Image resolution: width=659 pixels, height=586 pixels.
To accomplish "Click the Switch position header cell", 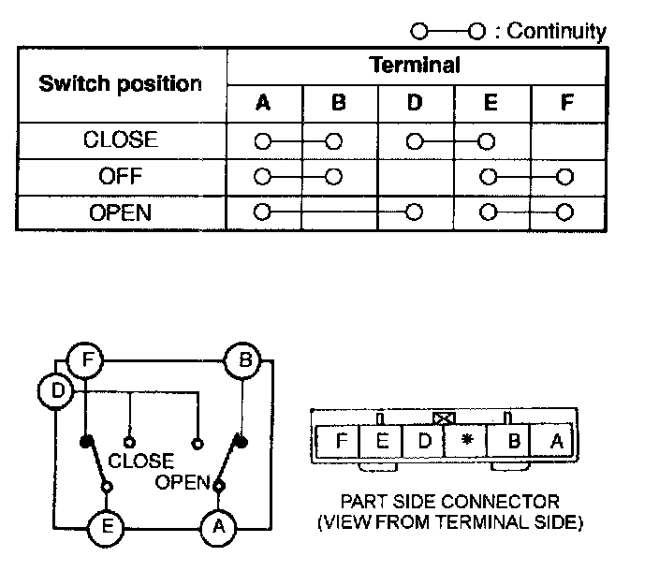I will click(120, 83).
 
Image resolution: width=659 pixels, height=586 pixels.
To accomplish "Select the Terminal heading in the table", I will click(415, 65).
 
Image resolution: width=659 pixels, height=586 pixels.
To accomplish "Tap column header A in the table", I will click(263, 104).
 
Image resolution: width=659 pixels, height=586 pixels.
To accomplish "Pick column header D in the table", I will click(415, 104).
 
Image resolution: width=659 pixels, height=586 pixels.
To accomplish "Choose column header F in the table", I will click(566, 104).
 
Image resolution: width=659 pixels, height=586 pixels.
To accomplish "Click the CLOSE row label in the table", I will click(121, 140).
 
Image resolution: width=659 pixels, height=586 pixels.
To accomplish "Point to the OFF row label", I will click(121, 176).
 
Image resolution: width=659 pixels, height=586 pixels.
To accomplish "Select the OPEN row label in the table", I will click(121, 212).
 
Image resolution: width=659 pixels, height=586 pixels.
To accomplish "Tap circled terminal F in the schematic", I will click(84, 359).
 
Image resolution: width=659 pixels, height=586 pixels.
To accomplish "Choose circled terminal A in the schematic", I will click(218, 527).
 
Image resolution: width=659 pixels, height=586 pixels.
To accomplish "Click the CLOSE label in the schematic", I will click(140, 461).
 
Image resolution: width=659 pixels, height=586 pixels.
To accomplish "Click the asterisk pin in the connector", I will click(467, 440).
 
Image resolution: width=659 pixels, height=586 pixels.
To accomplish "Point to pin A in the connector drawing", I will click(556, 440).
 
